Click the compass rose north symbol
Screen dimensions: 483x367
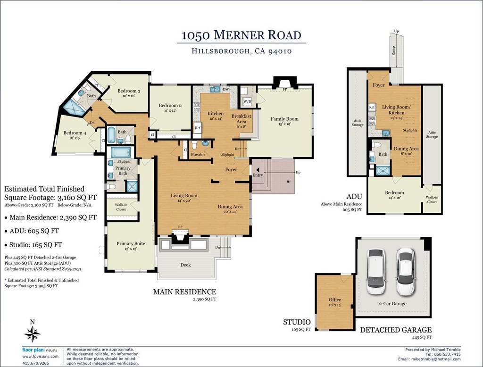[33, 334]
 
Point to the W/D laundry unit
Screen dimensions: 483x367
[247, 101]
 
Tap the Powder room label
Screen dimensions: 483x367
[198, 154]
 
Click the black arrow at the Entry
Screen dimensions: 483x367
[257, 169]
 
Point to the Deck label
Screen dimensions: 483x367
[185, 265]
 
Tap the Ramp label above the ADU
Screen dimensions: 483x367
[393, 51]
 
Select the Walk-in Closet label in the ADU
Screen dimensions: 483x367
[432, 200]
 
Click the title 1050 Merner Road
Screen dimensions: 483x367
[241, 35]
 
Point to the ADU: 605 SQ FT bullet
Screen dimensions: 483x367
[32, 231]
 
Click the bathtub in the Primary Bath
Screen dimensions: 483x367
[120, 152]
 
